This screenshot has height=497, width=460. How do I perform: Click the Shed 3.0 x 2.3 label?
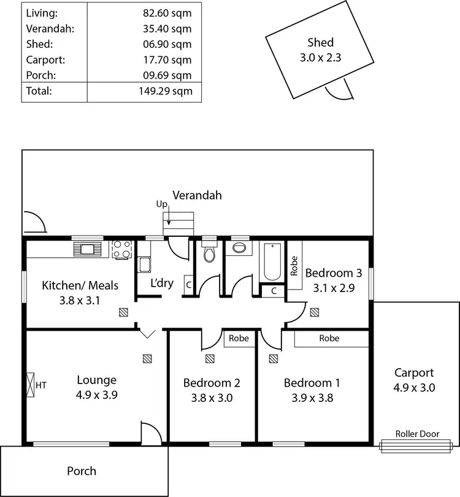point(320,48)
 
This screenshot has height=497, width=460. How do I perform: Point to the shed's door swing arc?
point(339,92)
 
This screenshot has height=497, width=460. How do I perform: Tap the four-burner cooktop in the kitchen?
point(122,250)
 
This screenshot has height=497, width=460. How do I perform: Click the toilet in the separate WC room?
point(209,253)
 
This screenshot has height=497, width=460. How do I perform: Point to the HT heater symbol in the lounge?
point(31,385)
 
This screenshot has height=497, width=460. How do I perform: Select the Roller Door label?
point(417,434)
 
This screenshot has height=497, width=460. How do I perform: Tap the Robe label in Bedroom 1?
point(329,338)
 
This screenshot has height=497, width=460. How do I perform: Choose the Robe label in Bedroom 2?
point(239,338)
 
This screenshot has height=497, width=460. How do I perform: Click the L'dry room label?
point(162,283)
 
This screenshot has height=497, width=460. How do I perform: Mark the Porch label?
point(82,471)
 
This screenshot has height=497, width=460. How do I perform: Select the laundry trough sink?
point(145,264)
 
